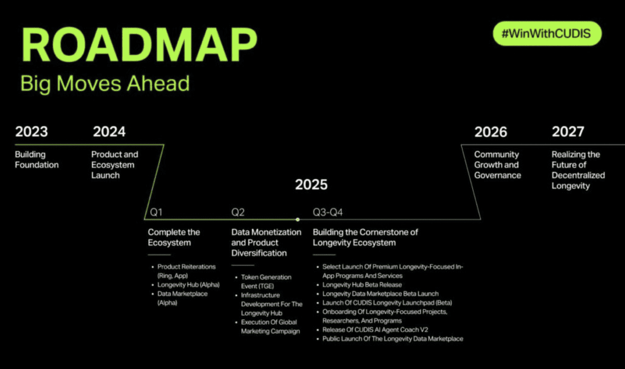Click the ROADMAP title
click(139, 44)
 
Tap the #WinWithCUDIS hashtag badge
click(547, 34)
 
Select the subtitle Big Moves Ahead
click(105, 84)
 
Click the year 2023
click(32, 131)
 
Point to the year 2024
click(109, 131)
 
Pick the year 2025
click(312, 184)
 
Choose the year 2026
click(491, 132)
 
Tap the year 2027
click(568, 131)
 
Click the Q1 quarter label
click(156, 212)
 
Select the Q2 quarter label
click(238, 212)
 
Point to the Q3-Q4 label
click(328, 212)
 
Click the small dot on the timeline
click(298, 219)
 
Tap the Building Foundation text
click(37, 159)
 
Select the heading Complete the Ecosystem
click(174, 238)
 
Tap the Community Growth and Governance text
click(498, 165)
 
